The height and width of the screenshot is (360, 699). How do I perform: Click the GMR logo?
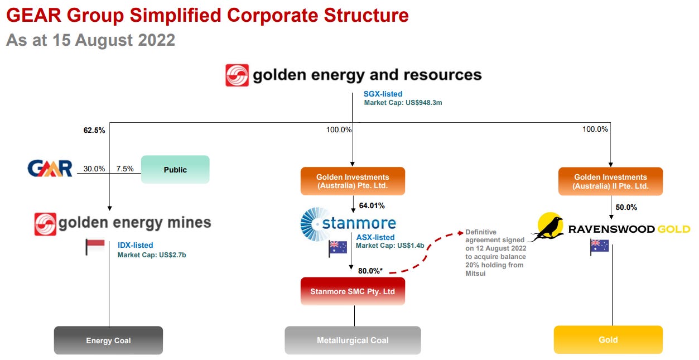[50, 168]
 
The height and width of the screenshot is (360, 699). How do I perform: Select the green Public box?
[175, 169]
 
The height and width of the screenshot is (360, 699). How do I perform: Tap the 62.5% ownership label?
[94, 131]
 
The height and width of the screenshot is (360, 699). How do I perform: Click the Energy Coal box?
[108, 340]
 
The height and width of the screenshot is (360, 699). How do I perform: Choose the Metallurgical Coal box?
[353, 340]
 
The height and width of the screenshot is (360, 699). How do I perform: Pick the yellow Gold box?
[608, 339]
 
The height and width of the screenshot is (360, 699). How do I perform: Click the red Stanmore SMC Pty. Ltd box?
[353, 291]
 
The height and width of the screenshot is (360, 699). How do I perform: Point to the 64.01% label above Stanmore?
[373, 205]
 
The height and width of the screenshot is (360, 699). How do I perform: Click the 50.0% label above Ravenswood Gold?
[626, 207]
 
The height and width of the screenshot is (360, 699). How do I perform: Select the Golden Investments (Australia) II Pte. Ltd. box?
[610, 181]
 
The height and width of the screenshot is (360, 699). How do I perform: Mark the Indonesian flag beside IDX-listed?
[95, 247]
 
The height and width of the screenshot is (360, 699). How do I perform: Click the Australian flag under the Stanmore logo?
[338, 248]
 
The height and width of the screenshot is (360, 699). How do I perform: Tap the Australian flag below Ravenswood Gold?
[599, 247]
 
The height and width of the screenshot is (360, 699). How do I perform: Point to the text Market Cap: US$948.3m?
[403, 103]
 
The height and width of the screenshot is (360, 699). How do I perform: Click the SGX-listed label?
[383, 94]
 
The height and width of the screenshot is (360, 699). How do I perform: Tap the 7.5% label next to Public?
[124, 169]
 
